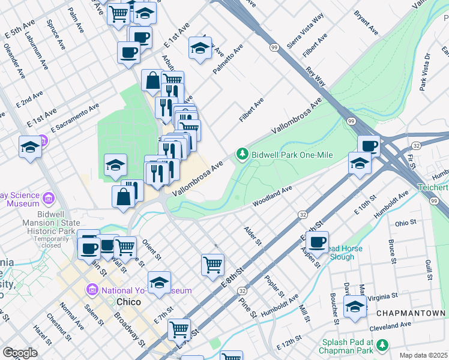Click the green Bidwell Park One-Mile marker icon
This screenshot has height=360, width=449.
(x=243, y=155)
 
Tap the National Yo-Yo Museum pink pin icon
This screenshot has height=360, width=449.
(x=92, y=290)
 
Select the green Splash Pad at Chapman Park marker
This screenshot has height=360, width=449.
(x=382, y=345)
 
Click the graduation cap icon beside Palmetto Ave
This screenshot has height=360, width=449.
(x=200, y=49)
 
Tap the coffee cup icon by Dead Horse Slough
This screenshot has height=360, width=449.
(x=318, y=241)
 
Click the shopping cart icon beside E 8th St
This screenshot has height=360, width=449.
(x=213, y=264)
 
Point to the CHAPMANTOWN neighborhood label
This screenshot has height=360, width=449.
(x=411, y=314)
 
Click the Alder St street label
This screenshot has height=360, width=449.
(x=253, y=236)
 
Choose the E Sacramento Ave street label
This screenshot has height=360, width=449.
(x=75, y=118)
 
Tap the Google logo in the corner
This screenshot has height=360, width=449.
(x=20, y=353)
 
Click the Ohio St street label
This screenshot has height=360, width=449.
(x=406, y=223)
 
